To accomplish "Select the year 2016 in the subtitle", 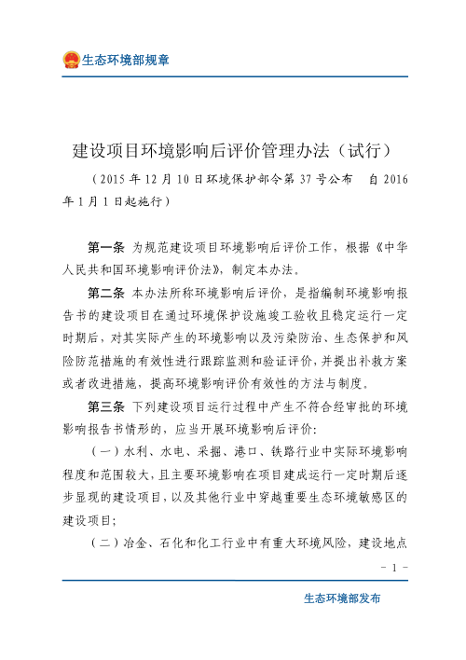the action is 394,178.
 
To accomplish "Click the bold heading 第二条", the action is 108,290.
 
